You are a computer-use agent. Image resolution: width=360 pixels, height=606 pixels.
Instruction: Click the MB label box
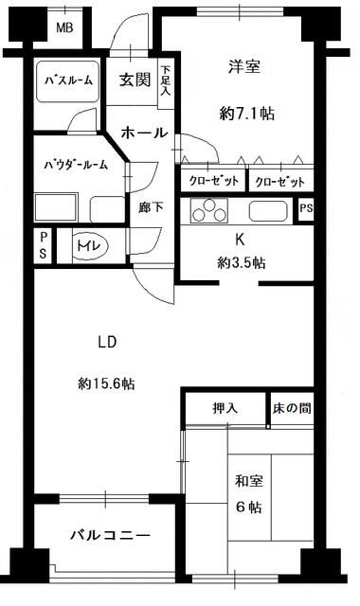(x=63, y=27)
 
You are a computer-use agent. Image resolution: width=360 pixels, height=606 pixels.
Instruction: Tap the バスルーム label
(x=68, y=80)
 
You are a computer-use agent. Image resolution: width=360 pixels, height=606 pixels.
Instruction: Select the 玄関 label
(x=135, y=80)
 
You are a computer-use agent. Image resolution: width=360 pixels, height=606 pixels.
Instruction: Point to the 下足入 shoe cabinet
(x=166, y=81)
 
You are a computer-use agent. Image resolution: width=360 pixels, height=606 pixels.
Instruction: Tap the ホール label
(x=145, y=132)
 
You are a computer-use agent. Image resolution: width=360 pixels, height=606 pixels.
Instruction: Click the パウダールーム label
(x=76, y=164)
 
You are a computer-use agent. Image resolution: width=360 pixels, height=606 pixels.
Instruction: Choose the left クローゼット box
(x=212, y=180)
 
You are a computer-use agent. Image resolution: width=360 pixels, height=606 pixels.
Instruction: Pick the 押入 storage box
(x=225, y=408)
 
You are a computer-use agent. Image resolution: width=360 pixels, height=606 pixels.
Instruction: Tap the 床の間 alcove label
(x=289, y=408)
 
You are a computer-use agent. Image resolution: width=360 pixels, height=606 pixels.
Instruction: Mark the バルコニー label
(x=110, y=536)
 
